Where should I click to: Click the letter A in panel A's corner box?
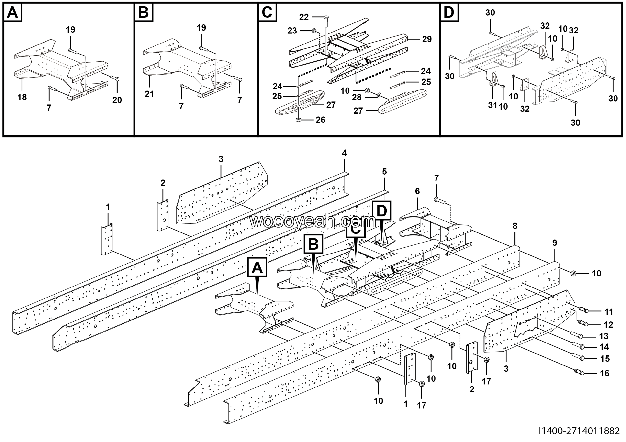12,12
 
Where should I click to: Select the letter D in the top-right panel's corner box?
449,12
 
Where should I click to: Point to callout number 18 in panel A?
22,97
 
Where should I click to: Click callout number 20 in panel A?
117,100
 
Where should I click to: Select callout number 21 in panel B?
149,94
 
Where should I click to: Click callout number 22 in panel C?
304,17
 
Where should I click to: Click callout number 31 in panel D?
492,105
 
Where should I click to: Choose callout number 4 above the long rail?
344,153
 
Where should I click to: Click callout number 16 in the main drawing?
605,373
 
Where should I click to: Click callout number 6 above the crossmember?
417,192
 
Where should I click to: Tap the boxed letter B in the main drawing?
313,244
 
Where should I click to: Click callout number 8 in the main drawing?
515,226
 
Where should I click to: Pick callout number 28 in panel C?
357,97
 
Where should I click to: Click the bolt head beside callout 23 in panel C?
314,30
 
